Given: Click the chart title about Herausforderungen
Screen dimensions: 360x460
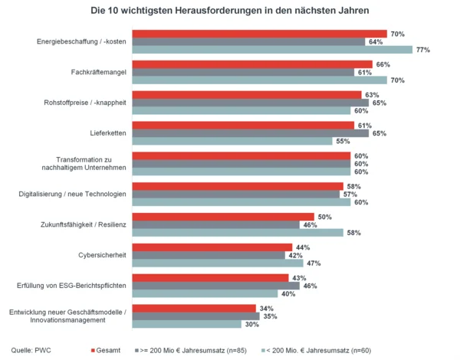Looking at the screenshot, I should coord(229,11).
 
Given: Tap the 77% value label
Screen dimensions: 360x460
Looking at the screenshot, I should coord(422,50).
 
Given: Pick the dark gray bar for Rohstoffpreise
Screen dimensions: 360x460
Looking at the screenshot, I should coord(250,103).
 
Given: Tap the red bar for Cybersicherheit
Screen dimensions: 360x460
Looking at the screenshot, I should coord(212,247).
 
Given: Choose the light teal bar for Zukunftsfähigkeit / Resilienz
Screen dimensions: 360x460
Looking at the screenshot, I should coord(237,232).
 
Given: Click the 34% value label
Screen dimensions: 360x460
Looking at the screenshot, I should coord(266,308).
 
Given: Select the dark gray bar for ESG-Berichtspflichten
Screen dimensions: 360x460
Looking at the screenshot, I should coord(215,285).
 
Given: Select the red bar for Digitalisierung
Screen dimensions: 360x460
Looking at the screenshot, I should coord(238,186).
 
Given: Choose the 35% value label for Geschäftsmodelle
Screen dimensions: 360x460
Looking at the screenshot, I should coord(270,316).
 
